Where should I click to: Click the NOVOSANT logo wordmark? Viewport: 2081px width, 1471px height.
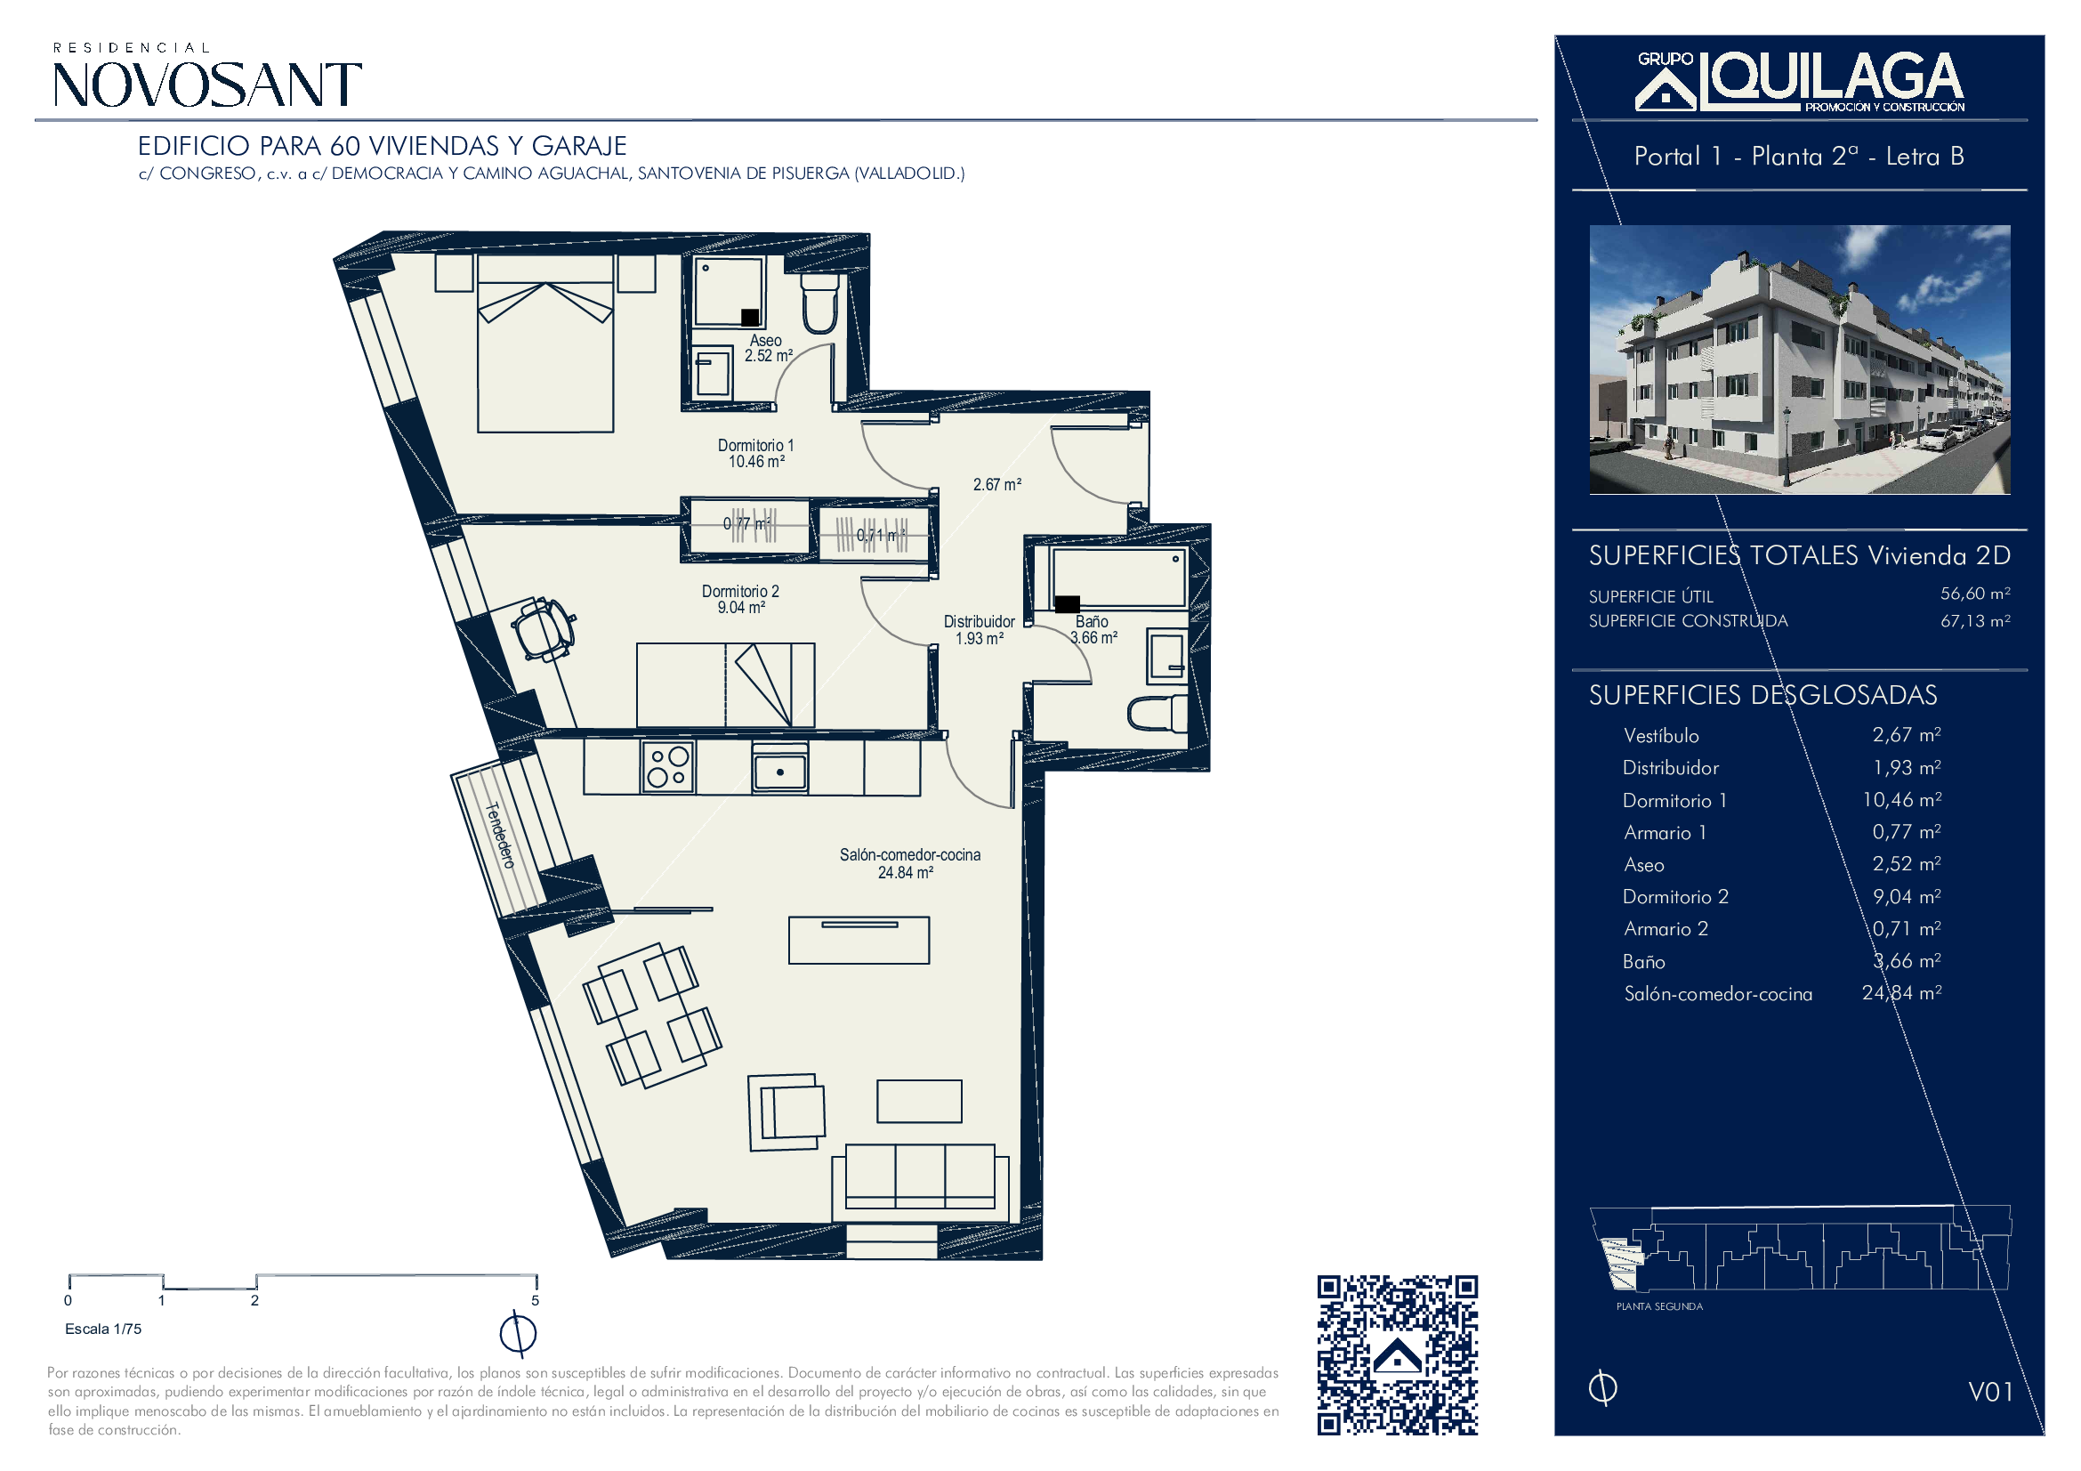207,85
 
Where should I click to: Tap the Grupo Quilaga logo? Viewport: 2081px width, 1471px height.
1800,82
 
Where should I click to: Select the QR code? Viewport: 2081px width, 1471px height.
1398,1355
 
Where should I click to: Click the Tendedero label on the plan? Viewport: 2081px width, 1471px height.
500,835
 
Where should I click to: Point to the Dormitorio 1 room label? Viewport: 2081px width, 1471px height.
756,453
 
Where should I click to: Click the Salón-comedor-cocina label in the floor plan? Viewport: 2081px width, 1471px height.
910,863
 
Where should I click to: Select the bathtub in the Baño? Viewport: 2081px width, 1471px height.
1118,578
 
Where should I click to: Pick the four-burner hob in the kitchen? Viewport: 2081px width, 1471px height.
669,767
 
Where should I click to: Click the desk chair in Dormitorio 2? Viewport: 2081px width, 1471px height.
543,627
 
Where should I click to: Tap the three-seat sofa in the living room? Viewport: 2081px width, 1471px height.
920,1182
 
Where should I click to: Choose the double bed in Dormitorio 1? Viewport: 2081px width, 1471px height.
545,343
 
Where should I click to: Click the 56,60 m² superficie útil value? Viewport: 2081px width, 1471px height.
1975,594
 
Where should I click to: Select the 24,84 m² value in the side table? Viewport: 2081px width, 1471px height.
1901,993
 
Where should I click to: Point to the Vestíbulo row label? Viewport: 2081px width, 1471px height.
1661,736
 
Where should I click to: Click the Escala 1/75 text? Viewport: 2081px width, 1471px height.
103,1329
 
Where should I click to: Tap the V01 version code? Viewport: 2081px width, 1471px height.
1990,1391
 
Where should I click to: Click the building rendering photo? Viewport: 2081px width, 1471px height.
1800,360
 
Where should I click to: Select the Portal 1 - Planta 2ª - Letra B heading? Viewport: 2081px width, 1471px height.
1799,156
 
